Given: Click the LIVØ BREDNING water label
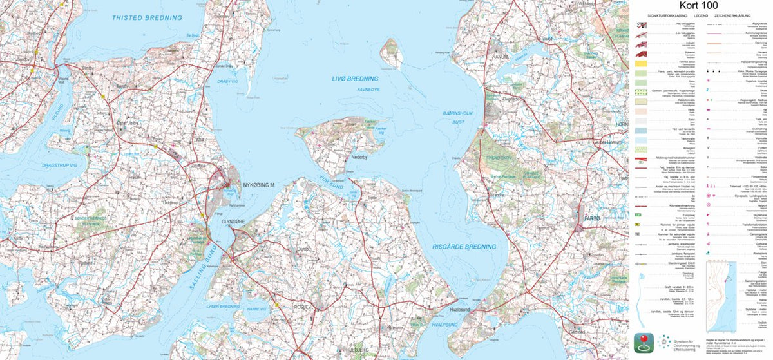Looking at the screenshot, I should tap(355, 79).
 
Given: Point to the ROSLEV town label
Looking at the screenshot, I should tap(301, 308).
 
